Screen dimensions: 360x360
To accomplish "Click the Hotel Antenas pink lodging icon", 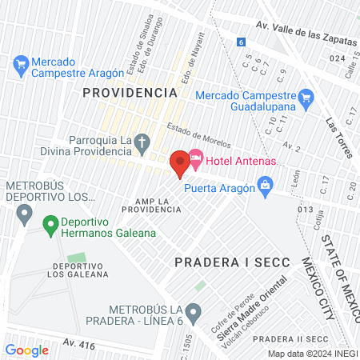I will (195, 162).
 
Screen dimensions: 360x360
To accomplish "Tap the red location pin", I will (178, 162).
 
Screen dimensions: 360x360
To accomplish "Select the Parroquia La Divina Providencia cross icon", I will (142, 145).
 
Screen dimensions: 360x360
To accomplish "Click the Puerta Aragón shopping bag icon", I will (266, 189).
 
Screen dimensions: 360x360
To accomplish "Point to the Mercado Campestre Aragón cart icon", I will (21, 62).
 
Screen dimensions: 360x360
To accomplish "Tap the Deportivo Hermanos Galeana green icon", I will (50, 226).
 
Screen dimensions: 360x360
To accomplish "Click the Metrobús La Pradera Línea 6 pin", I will (192, 311).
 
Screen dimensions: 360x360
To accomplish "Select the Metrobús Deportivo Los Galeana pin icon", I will (24, 214).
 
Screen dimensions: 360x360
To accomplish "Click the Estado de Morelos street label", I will (198, 136).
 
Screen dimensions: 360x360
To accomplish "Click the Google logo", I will (26, 350).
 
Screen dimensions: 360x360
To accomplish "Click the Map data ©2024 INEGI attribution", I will (311, 353).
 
